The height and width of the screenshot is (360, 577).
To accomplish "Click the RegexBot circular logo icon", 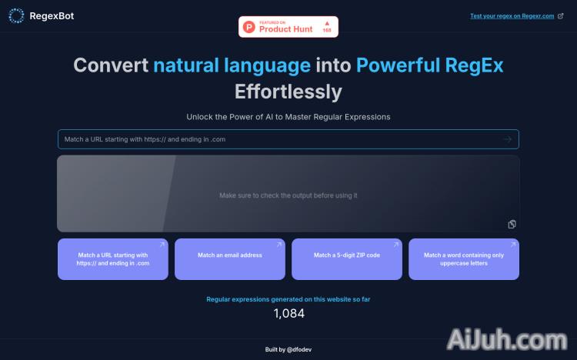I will [16, 15].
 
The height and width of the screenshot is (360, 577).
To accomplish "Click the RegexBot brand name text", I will [52, 15].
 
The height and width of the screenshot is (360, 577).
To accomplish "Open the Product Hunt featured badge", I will [288, 27].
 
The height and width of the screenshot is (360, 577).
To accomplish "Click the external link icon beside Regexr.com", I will [562, 15].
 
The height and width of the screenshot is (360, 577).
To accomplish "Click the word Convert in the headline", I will [111, 65].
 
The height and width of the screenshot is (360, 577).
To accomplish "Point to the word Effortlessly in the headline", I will [288, 92].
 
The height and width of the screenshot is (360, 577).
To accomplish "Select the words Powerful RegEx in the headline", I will [429, 65].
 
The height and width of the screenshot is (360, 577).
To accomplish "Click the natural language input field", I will [277, 139].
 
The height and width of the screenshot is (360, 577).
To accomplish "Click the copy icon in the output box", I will [512, 224].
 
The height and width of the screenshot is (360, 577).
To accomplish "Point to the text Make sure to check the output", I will [288, 195].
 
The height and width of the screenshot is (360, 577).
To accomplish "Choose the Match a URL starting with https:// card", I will [113, 259].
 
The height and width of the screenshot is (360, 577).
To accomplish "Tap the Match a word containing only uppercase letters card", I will [464, 259].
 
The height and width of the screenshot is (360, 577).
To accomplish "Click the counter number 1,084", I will [289, 313].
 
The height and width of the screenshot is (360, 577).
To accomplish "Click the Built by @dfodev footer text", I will [288, 349].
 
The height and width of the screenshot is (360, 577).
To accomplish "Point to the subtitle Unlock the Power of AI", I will [288, 117].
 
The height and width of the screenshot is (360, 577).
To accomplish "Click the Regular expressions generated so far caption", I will [288, 298].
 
